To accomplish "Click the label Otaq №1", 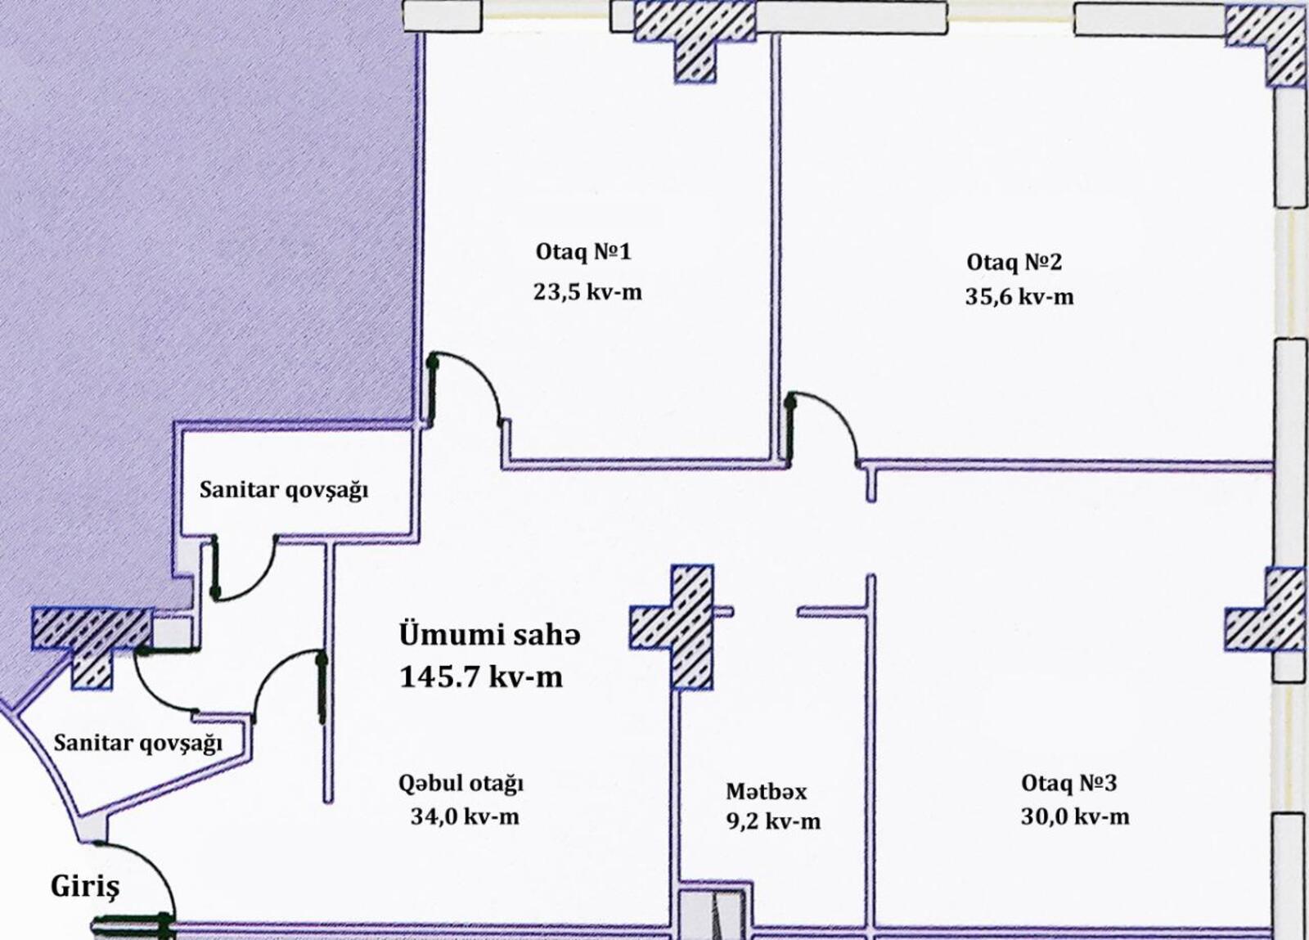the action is (x=583, y=253).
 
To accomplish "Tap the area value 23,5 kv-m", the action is (x=587, y=291).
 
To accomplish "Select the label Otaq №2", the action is (x=1014, y=263).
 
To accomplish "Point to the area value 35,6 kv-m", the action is (x=1019, y=297).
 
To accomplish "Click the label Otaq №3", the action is (x=1068, y=783).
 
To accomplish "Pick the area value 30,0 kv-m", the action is (x=1075, y=816).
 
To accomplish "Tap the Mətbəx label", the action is (x=766, y=792).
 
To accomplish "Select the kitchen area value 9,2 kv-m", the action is (x=773, y=821).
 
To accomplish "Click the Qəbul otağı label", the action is (x=461, y=784).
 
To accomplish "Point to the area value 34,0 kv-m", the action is (x=465, y=816).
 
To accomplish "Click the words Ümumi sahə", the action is (x=490, y=635).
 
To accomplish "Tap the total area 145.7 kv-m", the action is (x=481, y=677).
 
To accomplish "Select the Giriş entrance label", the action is (x=85, y=887).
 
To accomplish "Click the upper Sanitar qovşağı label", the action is (x=284, y=490).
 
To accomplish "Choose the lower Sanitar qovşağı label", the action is (x=138, y=743).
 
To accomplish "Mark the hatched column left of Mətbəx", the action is (x=672, y=627).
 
